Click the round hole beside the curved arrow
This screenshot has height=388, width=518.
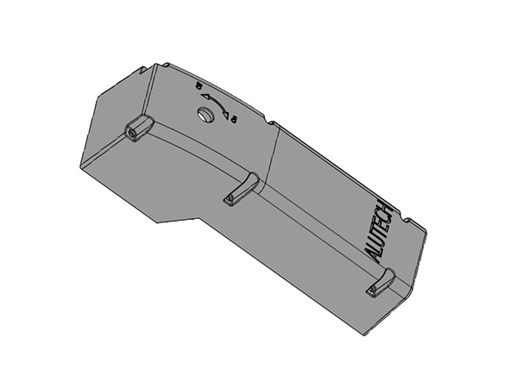click(205, 116)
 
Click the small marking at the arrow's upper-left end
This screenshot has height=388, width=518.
click(198, 87)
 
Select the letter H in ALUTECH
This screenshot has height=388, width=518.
click(388, 210)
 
